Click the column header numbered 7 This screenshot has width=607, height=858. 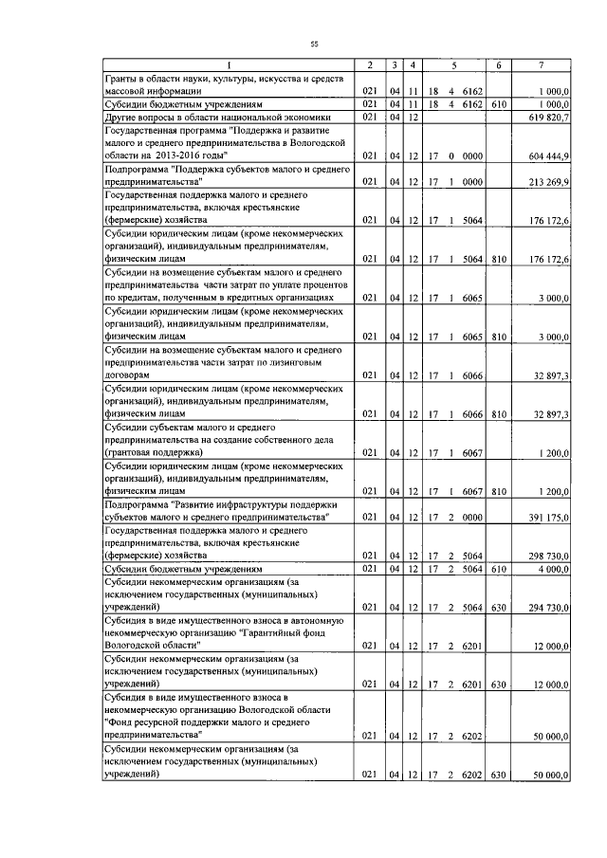coord(539,64)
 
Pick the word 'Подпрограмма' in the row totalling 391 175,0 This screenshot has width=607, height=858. coord(135,504)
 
